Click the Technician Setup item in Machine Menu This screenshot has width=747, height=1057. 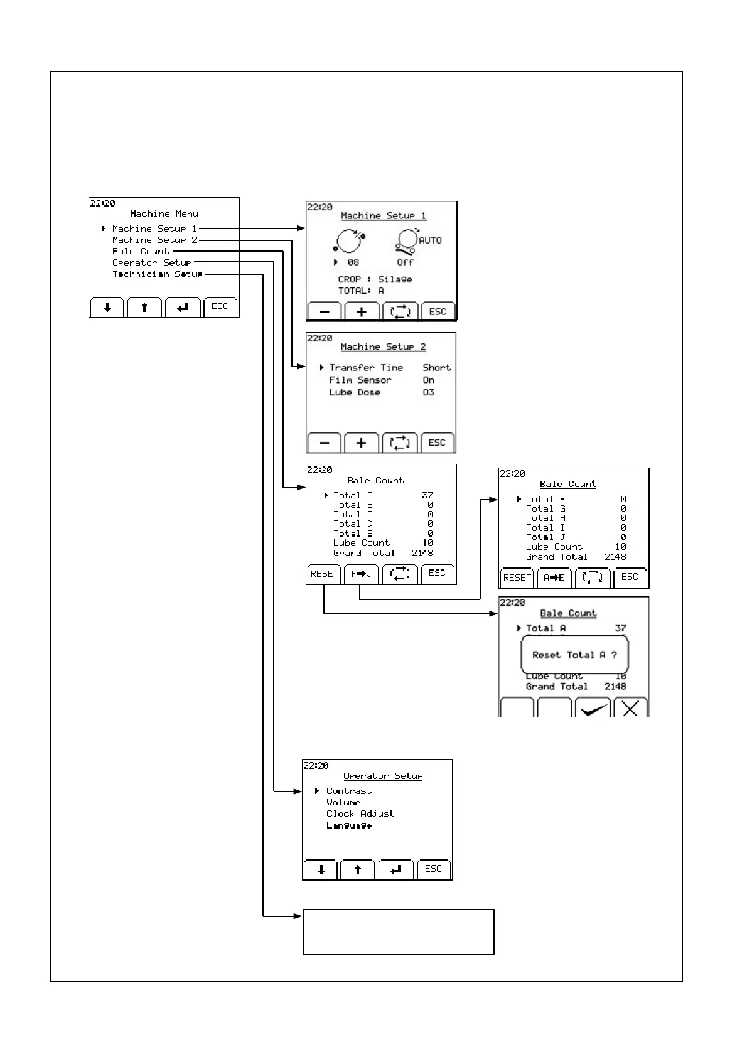[x=157, y=274]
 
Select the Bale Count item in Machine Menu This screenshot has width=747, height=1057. [x=141, y=252]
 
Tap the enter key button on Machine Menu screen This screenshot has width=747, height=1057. [x=183, y=308]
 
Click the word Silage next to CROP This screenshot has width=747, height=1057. [x=395, y=279]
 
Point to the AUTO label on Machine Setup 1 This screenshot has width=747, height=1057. [x=430, y=240]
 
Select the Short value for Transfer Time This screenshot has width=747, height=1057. [x=436, y=368]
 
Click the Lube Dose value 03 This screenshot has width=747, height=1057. [x=428, y=392]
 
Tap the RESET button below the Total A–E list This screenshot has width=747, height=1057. [x=324, y=574]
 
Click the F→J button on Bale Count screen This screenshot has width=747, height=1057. [x=362, y=574]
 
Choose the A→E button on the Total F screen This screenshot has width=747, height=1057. [x=554, y=577]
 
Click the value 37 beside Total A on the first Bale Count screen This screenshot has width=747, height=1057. [x=427, y=495]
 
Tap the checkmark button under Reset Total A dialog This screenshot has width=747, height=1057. [x=593, y=708]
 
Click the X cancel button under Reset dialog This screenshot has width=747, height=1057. [x=630, y=708]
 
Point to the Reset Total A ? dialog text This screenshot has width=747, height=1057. [x=574, y=655]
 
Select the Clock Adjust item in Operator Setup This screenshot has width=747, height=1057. [x=360, y=813]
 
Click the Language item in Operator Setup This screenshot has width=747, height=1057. [x=349, y=825]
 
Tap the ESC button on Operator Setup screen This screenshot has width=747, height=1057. [x=433, y=869]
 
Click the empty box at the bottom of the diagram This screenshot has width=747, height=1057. [x=398, y=931]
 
